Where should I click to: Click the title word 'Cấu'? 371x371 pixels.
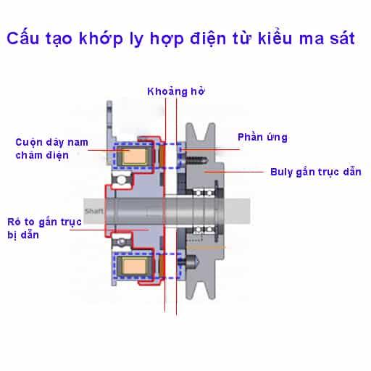coord(23,38)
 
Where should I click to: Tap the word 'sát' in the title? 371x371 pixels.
coord(342,38)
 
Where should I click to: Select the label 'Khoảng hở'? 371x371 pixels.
coord(176,92)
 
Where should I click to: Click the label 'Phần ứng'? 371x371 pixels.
coord(262,137)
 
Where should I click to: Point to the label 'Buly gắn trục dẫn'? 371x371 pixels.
coord(316,172)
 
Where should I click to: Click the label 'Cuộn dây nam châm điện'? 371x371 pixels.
coord(51,149)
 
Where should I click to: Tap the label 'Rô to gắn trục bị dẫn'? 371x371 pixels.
coord(44,228)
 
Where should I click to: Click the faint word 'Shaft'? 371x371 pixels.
coord(93,212)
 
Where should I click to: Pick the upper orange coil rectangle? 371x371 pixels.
coord(135,156)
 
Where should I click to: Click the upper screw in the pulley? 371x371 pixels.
coord(196,159)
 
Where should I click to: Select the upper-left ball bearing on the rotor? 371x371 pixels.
coord(121,180)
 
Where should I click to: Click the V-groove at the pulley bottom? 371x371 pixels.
coord(200,288)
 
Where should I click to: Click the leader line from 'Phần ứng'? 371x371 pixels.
coord(210,150)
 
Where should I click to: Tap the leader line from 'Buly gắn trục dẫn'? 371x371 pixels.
coord(234,172)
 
